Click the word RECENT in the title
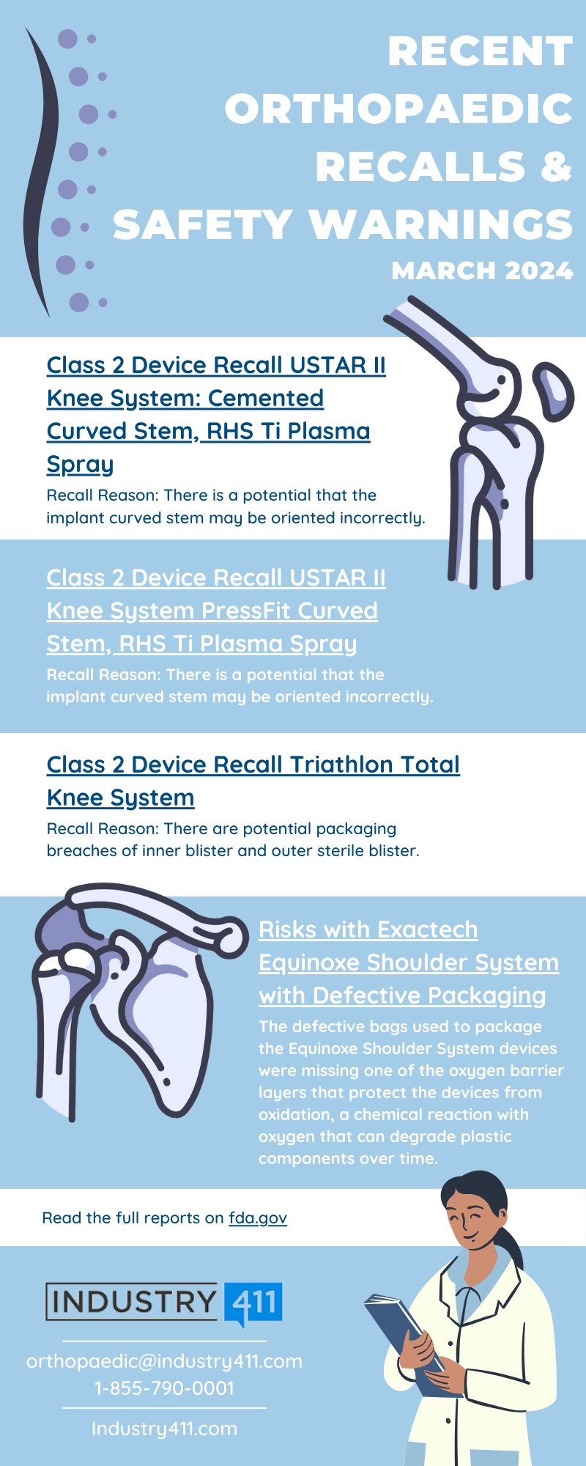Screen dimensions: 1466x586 480,51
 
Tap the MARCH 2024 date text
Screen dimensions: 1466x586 482,270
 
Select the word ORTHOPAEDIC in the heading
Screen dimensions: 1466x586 398,108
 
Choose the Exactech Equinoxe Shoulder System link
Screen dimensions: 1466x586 408,962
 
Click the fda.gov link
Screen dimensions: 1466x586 258,1218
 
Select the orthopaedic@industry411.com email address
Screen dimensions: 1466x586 164,1361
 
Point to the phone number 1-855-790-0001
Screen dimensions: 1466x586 164,1388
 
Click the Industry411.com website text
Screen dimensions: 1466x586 164,1429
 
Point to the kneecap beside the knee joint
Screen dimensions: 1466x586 554,392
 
